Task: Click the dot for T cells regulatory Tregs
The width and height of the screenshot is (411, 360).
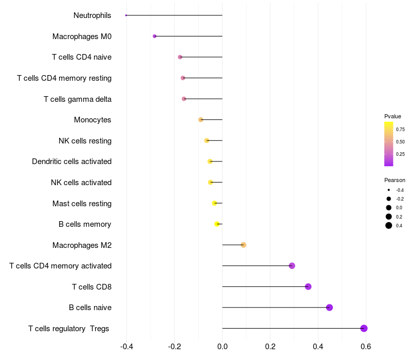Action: click(x=364, y=328)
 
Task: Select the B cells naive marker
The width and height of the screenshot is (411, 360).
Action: click(x=329, y=308)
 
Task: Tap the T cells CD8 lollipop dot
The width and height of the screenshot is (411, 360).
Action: click(x=308, y=286)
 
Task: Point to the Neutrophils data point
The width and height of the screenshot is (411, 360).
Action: click(x=126, y=15)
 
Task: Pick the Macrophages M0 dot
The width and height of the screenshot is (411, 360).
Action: click(x=155, y=37)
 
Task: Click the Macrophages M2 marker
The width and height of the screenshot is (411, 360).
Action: click(x=244, y=245)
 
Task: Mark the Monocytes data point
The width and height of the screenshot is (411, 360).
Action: click(x=201, y=120)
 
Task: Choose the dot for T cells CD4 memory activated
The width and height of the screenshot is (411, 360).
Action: click(x=292, y=266)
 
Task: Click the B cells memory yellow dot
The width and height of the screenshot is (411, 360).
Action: click(x=217, y=224)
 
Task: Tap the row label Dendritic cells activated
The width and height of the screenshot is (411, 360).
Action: click(x=71, y=161)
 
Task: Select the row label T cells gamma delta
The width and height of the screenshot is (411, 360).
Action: click(x=78, y=99)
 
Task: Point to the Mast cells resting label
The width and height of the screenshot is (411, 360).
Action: click(x=82, y=203)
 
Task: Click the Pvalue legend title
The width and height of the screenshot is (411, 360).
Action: click(x=393, y=116)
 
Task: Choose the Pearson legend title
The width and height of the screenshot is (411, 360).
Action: click(x=395, y=180)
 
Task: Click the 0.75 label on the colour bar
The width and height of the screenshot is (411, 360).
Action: click(x=400, y=130)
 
